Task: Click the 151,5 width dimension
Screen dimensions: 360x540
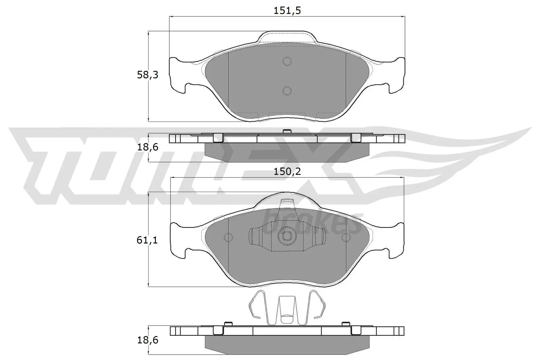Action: [x=287, y=11]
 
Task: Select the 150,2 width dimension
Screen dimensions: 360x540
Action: [x=287, y=172]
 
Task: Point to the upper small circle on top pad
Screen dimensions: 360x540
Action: [x=287, y=61]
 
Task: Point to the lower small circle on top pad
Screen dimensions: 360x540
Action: [x=287, y=90]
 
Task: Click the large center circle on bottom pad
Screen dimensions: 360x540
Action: [x=287, y=236]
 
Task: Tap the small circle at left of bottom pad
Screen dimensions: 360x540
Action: [x=228, y=238]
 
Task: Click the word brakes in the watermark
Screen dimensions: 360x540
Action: [x=312, y=223]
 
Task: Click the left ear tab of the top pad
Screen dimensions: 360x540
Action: [x=178, y=76]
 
